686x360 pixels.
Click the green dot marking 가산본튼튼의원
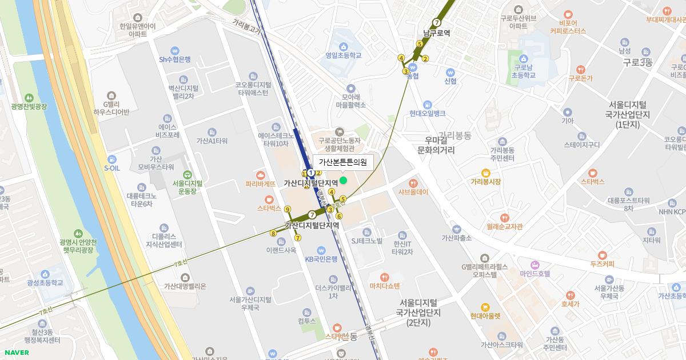pyautogui.click(x=343, y=181)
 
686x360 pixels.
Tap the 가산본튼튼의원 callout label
pyautogui.click(x=342, y=162)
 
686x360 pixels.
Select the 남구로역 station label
pyautogui.click(x=437, y=33)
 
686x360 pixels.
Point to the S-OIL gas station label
pyautogui.click(x=111, y=168)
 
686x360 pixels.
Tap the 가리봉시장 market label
pyautogui.click(x=485, y=181)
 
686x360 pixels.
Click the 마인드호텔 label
pyautogui.click(x=535, y=274)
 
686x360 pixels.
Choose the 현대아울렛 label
pyautogui.click(x=485, y=315)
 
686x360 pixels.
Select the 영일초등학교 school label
pyautogui.click(x=344, y=55)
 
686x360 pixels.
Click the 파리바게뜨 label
pyautogui.click(x=261, y=184)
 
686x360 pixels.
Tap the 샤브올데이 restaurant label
pyautogui.click(x=413, y=192)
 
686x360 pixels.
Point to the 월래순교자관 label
pyautogui.click(x=505, y=226)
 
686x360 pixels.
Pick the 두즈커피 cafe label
pyautogui.click(x=602, y=263)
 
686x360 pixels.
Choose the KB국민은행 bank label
pyautogui.click(x=321, y=258)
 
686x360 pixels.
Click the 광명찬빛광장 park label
pyautogui.click(x=29, y=106)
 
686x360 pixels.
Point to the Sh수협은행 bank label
pyautogui.click(x=175, y=59)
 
